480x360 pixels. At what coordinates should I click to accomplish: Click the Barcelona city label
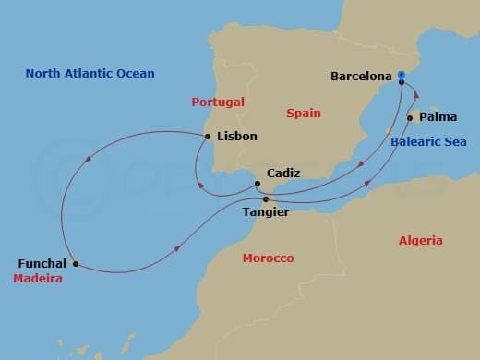361,77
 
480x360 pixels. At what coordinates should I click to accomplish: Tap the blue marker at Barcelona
402,78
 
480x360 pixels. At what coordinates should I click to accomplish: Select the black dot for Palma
409,118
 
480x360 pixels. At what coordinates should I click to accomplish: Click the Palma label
438,118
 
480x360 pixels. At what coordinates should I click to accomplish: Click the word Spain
303,113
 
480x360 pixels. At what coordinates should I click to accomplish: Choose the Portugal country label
217,102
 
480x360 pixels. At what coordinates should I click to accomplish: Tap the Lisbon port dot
208,137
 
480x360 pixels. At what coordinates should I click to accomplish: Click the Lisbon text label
236,137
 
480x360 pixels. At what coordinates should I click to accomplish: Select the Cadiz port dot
258,184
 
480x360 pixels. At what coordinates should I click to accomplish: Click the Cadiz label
282,173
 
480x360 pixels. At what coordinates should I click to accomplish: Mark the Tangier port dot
266,199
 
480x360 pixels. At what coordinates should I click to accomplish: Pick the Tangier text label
265,213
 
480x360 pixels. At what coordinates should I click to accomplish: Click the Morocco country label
268,258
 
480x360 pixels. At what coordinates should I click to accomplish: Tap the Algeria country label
421,240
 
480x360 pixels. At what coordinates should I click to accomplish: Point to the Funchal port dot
75,263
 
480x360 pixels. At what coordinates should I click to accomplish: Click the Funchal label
42,263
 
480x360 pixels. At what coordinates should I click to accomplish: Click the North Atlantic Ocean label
90,73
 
